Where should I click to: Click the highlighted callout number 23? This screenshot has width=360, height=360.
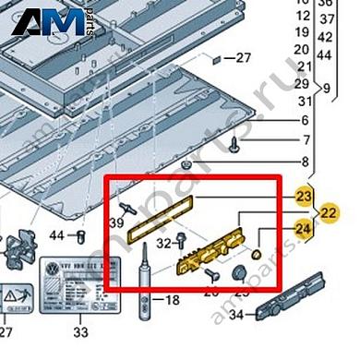click(304, 197)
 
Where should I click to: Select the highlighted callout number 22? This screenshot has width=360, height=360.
click(330, 212)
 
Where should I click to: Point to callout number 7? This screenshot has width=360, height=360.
click(306, 140)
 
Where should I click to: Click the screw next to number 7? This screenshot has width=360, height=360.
click(235, 143)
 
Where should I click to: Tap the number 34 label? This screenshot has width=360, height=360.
click(235, 317)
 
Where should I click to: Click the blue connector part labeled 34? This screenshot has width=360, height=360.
click(291, 291)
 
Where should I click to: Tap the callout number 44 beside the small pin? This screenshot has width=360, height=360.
click(56, 235)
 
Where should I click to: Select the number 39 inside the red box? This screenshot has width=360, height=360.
click(118, 223)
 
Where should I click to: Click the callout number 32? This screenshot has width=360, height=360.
click(163, 244)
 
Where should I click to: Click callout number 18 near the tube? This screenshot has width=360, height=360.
click(173, 301)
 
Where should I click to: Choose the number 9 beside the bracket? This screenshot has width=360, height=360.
click(326, 90)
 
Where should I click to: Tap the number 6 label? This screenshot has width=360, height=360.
click(306, 121)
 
